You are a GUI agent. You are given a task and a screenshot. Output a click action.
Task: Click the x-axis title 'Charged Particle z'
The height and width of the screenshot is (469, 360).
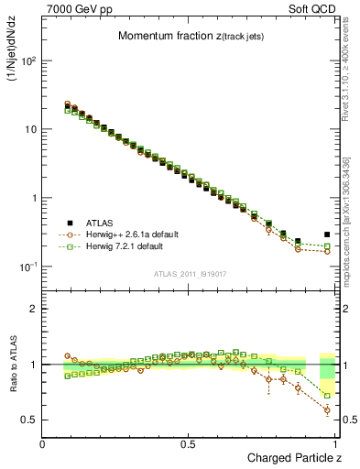tap(295, 457)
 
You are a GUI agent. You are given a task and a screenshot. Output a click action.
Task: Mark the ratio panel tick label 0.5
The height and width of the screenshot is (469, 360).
tap(29, 420)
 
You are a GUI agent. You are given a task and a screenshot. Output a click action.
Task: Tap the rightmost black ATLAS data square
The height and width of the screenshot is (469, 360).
tap(327, 234)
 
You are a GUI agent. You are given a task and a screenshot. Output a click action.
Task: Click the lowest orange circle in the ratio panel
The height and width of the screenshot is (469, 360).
tap(327, 409)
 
